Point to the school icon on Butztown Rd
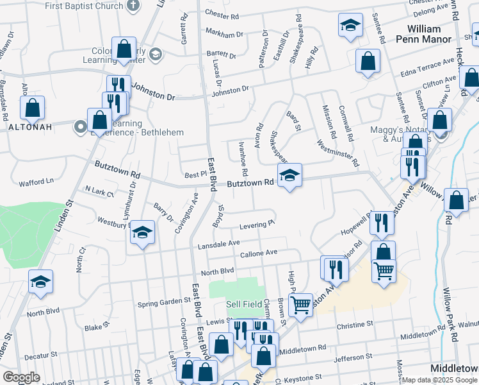pos(289,176)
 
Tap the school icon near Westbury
pos(143,233)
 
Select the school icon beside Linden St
pos(40,282)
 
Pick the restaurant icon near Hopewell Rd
pos(382,224)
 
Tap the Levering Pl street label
pos(257,225)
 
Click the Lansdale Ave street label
pos(218,243)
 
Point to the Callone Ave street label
pos(258,253)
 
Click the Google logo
pos(21,377)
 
